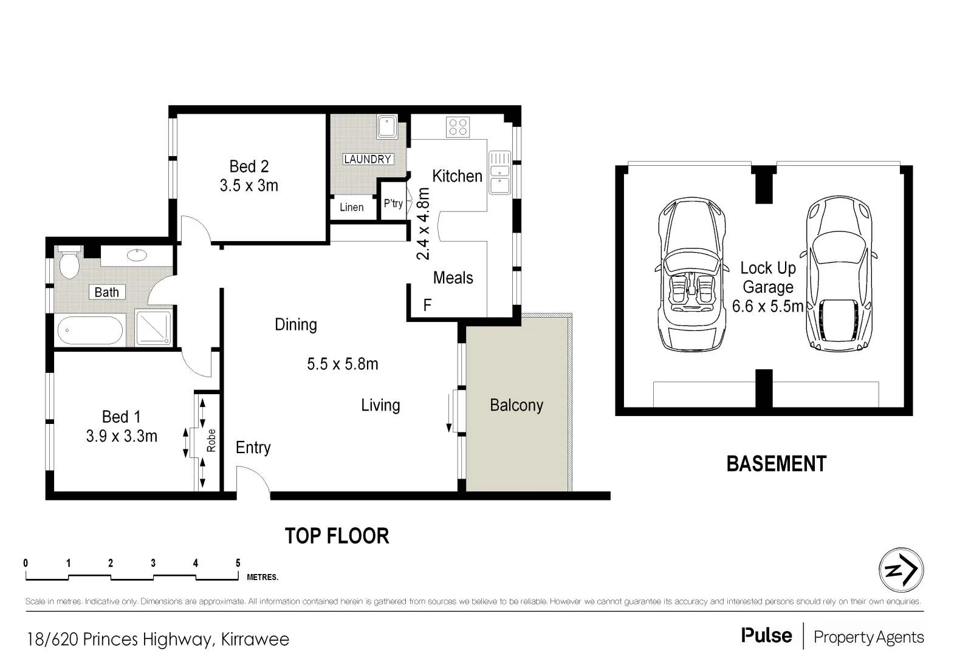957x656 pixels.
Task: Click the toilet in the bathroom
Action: pyautogui.click(x=69, y=262)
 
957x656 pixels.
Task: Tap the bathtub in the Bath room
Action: pyautogui.click(x=89, y=332)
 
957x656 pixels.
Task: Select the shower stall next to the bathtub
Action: pyautogui.click(x=153, y=329)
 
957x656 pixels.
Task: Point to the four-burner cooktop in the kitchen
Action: pyautogui.click(x=458, y=127)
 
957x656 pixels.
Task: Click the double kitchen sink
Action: pyautogui.click(x=500, y=173)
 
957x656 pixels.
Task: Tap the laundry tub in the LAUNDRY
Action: pyautogui.click(x=386, y=128)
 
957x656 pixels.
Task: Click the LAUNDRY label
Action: pyautogui.click(x=368, y=159)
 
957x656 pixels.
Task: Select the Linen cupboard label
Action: pyautogui.click(x=351, y=207)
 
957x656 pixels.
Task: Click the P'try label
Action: pyautogui.click(x=393, y=203)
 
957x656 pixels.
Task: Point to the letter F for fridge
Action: pyautogui.click(x=427, y=305)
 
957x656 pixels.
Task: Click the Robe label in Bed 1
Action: pyautogui.click(x=211, y=440)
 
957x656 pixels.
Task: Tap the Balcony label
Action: pyautogui.click(x=516, y=405)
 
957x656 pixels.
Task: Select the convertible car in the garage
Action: pyautogui.click(x=692, y=275)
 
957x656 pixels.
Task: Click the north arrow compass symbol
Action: pyautogui.click(x=901, y=570)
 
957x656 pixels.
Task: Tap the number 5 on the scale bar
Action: pyautogui.click(x=238, y=563)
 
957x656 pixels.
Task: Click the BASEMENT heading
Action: pyautogui.click(x=776, y=464)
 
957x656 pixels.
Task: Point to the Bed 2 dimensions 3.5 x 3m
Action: pyautogui.click(x=249, y=185)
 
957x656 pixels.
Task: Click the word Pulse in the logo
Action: pyautogui.click(x=766, y=636)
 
